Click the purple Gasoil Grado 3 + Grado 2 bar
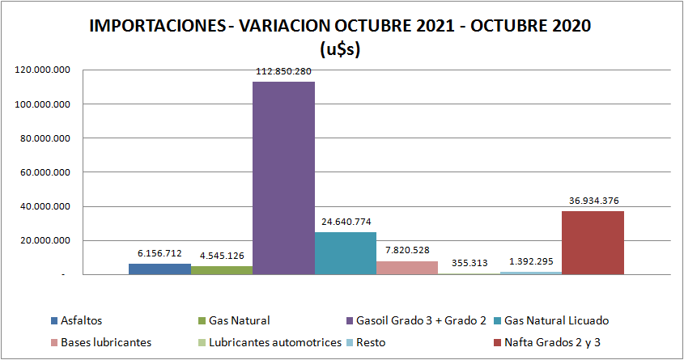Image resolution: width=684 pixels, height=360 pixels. click(x=283, y=178)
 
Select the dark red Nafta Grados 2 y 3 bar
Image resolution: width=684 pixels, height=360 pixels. click(x=593, y=243)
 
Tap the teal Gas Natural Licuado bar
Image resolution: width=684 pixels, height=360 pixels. click(x=346, y=253)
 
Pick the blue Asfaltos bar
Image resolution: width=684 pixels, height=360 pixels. click(x=159, y=269)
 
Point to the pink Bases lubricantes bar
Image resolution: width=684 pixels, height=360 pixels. click(x=407, y=268)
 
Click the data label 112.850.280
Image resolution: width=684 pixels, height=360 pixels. click(x=283, y=71)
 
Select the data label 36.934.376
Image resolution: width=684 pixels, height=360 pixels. click(x=593, y=201)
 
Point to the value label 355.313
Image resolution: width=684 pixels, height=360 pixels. click(x=469, y=264)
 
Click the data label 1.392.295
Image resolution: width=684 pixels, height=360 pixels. click(x=531, y=262)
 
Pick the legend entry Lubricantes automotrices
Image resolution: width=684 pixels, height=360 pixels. click(x=275, y=342)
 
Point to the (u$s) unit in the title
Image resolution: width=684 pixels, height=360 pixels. click(x=341, y=48)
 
